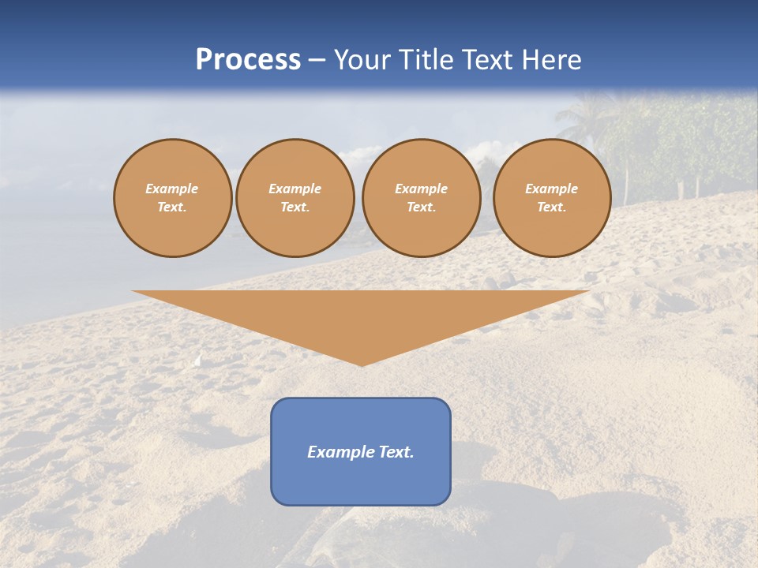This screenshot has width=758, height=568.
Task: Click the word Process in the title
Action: coord(248,60)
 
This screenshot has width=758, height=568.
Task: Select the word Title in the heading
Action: coord(426,60)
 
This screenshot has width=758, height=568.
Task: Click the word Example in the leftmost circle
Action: coord(172,189)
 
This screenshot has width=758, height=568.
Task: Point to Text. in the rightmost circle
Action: coord(552,207)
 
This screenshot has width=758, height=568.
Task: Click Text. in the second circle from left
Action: coord(295,207)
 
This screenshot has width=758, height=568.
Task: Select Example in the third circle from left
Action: coord(422,189)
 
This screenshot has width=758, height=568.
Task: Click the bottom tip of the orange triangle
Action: coord(362,364)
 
